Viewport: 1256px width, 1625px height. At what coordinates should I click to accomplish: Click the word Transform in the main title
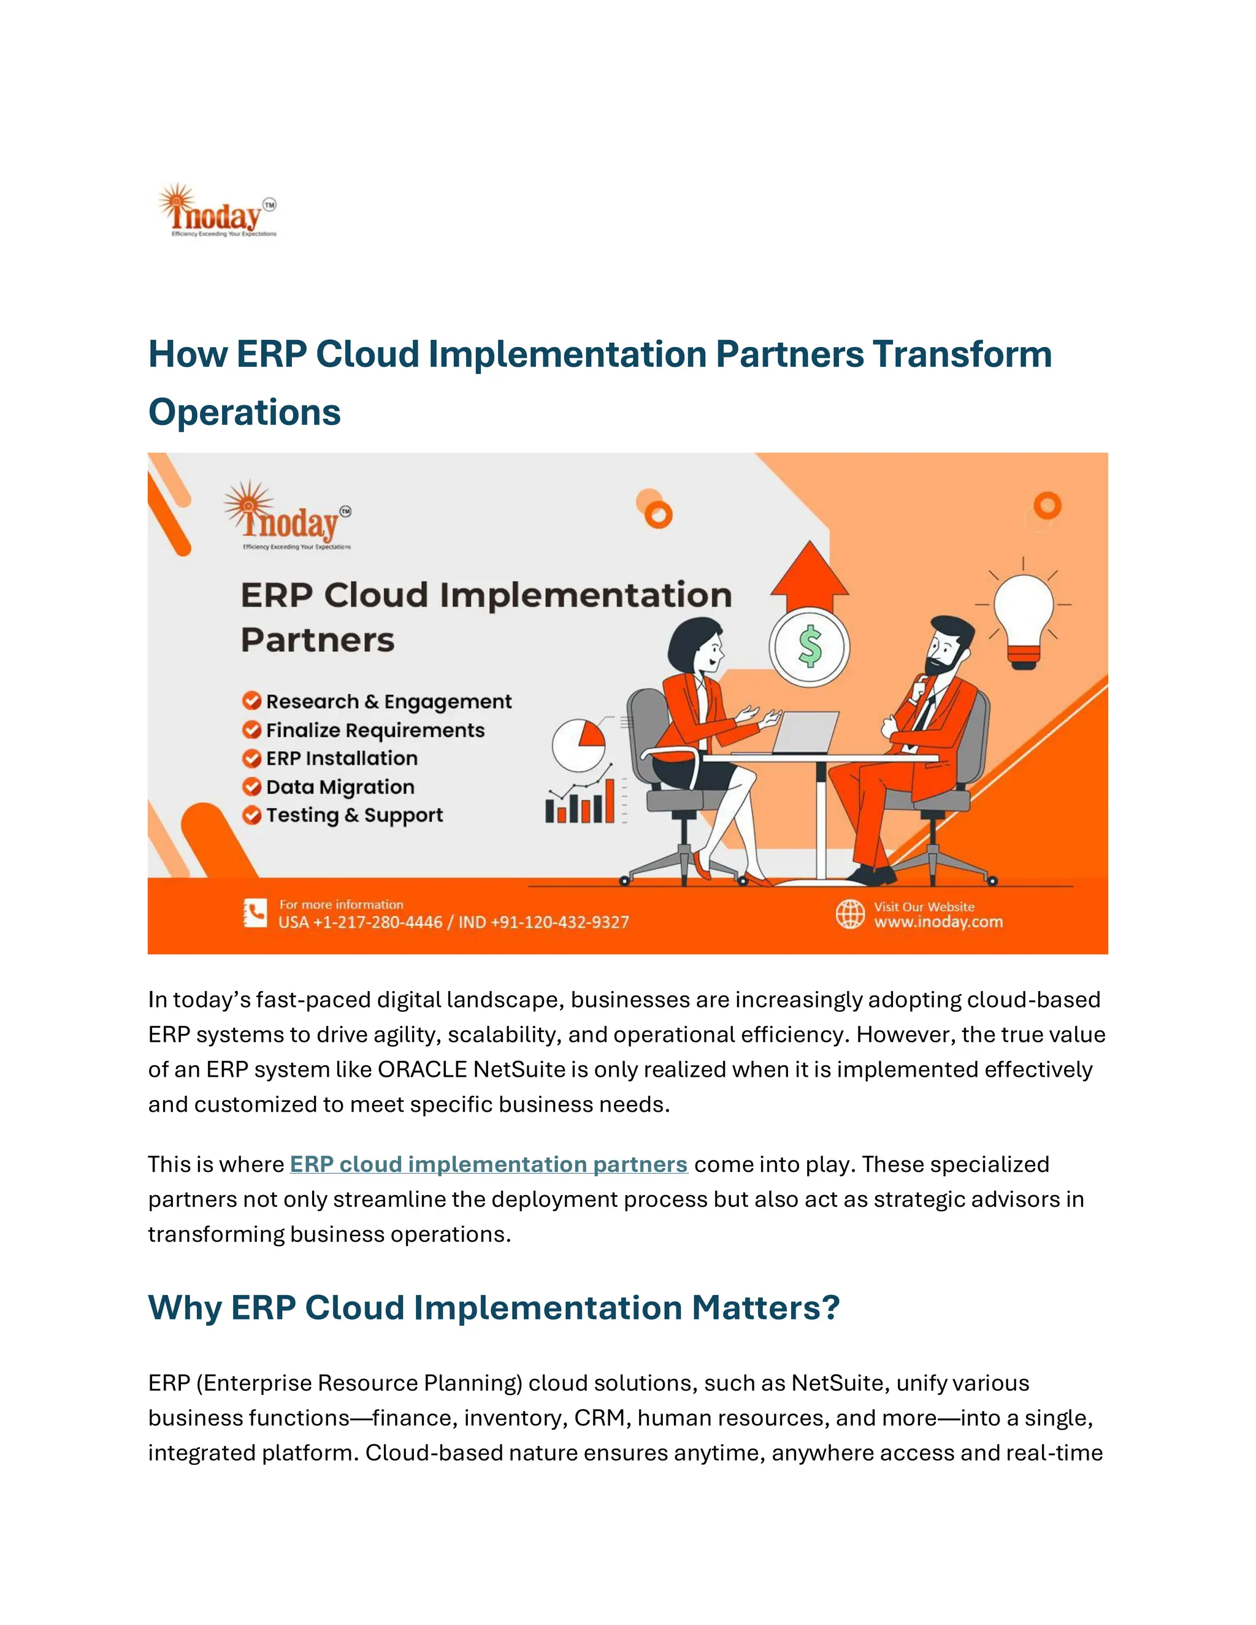[x=962, y=354]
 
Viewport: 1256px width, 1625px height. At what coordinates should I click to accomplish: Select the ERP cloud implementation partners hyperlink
[x=488, y=1164]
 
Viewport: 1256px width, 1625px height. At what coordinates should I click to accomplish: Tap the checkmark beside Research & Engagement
[x=251, y=701]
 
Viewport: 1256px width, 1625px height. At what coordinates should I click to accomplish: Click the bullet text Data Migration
[x=340, y=787]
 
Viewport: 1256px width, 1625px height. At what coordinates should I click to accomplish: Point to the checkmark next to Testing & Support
[x=251, y=815]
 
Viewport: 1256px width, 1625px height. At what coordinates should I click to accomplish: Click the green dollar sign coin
[x=809, y=646]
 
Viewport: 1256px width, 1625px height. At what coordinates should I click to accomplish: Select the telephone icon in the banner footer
[x=255, y=914]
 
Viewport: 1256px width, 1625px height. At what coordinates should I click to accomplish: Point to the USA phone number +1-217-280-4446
[x=360, y=923]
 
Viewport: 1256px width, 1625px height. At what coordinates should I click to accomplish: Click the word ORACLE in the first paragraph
[x=422, y=1069]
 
